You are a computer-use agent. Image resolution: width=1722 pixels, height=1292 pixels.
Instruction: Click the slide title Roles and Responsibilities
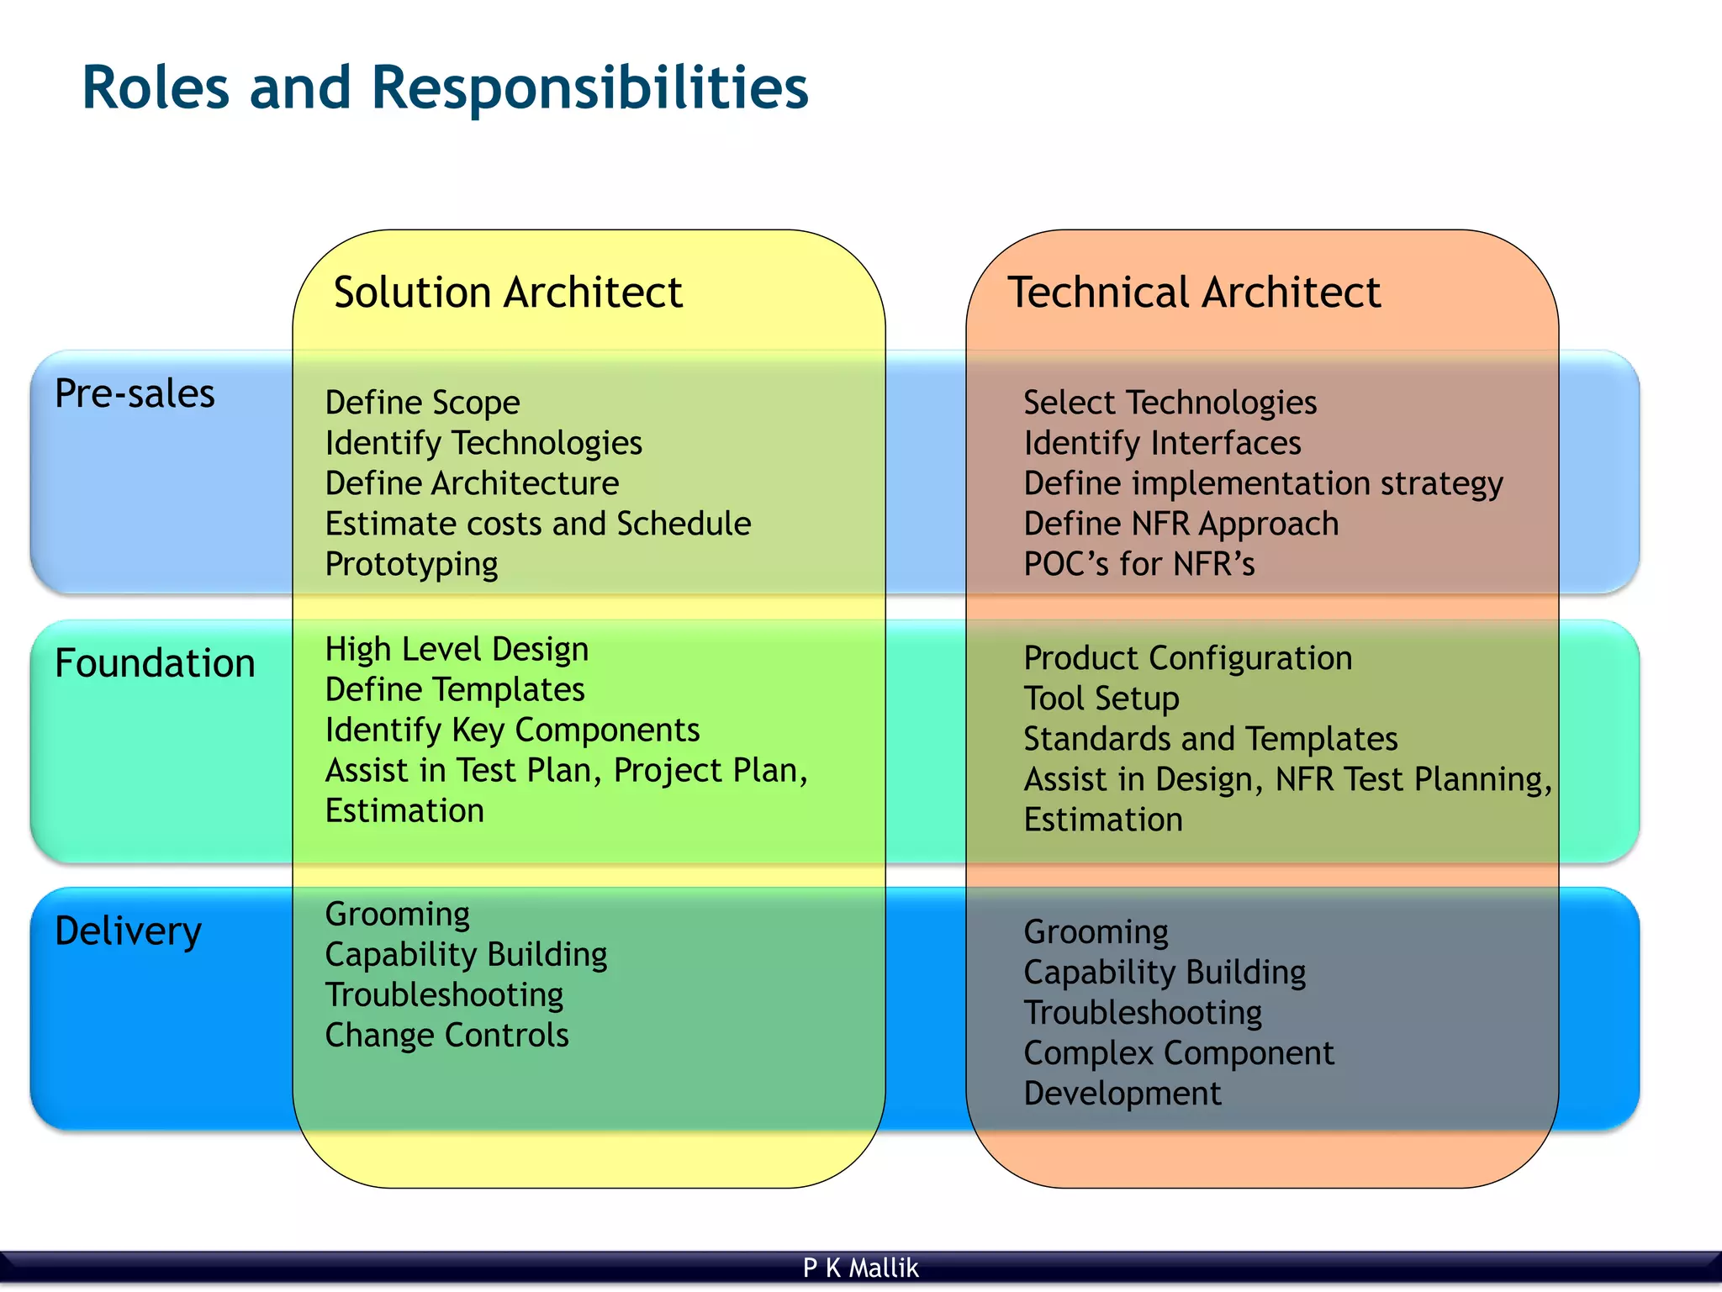coord(445,88)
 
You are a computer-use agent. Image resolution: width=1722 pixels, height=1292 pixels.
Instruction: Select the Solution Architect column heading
coord(507,293)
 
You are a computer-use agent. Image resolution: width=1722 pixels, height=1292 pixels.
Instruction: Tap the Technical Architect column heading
coord(1193,293)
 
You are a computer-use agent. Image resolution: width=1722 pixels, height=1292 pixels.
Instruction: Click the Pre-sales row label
coord(135,393)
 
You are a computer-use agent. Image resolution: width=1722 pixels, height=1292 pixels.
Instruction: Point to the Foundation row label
coord(155,663)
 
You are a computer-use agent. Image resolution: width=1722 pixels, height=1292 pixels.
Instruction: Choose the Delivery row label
coord(128,931)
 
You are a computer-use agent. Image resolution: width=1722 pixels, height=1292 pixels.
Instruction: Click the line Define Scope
coord(422,403)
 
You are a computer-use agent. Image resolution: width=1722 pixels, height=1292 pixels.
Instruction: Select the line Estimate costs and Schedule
coord(537,524)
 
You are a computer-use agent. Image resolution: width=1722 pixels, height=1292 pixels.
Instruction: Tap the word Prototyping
coord(411,564)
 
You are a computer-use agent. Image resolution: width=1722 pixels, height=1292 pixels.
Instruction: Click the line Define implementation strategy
coord(1263,484)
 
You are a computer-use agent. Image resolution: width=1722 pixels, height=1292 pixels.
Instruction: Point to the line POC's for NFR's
coord(1138,564)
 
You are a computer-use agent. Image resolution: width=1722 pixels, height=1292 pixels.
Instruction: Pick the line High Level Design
coord(457,649)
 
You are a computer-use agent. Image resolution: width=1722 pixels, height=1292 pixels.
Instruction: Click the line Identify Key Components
coord(512,730)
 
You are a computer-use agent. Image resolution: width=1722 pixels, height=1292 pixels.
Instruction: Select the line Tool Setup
coord(1101,699)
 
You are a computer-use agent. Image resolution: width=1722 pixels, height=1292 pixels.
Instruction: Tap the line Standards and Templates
coord(1210,739)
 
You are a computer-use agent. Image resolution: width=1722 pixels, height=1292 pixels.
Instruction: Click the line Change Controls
coord(446,1035)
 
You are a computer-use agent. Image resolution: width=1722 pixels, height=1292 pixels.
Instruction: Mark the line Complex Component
coord(1178,1053)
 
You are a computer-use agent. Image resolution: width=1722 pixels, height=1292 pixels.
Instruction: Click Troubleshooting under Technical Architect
coord(1142,1013)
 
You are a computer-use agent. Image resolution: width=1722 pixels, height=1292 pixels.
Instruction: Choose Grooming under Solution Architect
coord(397,915)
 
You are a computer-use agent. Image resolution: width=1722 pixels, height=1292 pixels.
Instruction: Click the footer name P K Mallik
coord(860,1268)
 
